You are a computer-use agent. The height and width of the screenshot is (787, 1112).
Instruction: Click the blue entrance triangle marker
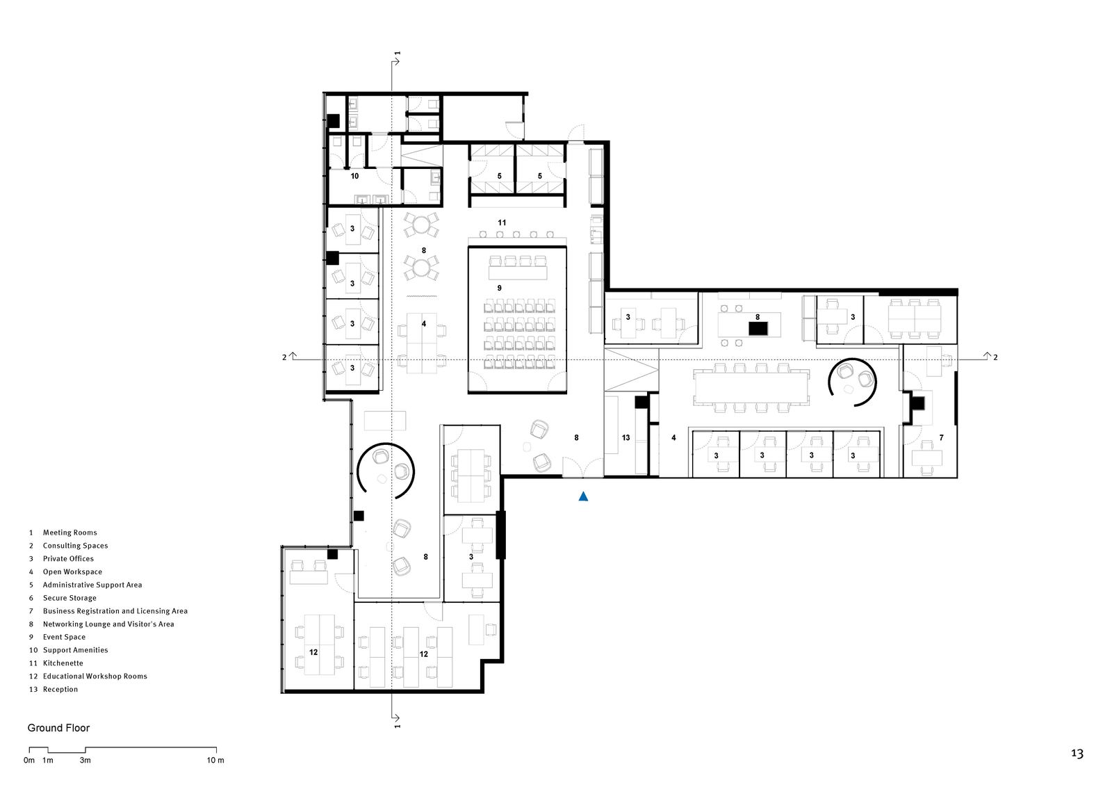584,496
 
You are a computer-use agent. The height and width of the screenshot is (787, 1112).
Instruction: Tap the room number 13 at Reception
625,437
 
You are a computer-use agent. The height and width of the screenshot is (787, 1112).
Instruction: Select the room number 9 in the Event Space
499,288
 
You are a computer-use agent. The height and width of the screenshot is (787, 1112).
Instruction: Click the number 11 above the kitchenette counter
502,222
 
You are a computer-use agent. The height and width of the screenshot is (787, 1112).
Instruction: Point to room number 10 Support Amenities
354,176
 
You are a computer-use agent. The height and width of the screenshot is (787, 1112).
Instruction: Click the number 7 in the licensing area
942,437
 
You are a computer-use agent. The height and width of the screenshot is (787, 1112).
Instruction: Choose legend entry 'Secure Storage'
69,598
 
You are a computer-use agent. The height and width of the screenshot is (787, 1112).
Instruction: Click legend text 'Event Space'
64,637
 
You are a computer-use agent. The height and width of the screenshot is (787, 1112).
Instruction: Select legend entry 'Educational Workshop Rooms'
95,676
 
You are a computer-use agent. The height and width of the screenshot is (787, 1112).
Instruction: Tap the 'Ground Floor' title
58,728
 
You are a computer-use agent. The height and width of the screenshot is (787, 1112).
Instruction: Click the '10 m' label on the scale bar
215,761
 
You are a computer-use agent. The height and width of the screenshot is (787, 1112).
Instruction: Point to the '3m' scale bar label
85,761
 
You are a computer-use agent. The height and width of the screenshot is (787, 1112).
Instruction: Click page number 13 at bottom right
1077,754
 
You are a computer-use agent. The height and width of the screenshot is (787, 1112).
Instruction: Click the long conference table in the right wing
751,387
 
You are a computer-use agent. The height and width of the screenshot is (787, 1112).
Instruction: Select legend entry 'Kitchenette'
63,663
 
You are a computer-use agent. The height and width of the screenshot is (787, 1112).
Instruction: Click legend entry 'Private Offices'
68,558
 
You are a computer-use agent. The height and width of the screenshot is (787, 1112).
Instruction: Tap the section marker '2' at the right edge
995,357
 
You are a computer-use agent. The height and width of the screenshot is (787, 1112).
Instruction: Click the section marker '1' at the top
397,54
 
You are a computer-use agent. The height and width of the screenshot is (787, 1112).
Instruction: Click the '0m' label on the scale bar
29,761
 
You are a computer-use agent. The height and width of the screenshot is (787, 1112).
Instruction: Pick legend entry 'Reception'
60,689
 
